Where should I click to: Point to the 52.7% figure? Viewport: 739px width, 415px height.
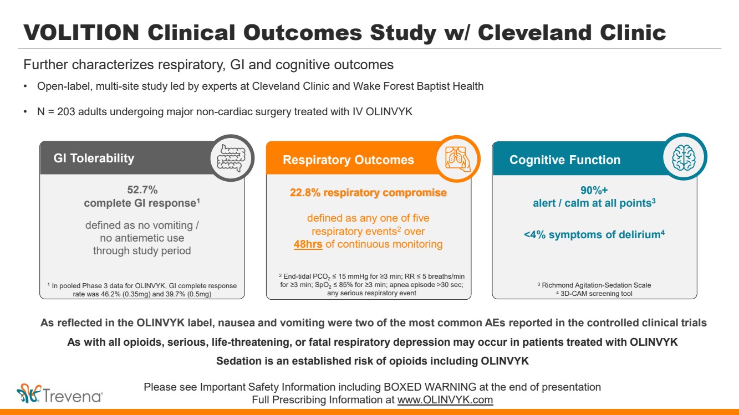pyautogui.click(x=142, y=189)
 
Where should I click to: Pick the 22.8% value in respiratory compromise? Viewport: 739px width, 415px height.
pyautogui.click(x=304, y=193)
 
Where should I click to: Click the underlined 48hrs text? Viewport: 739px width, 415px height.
pyautogui.click(x=308, y=244)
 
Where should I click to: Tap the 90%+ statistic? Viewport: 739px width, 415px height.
pyautogui.click(x=594, y=189)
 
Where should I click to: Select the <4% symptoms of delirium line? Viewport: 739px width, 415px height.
pyautogui.click(x=594, y=235)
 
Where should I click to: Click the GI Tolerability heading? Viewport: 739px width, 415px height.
pyautogui.click(x=94, y=158)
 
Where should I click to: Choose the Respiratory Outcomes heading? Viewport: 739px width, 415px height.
pyautogui.click(x=348, y=160)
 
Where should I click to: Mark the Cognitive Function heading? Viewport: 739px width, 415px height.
pyautogui.click(x=565, y=160)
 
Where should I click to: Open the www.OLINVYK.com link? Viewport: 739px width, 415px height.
pyautogui.click(x=445, y=399)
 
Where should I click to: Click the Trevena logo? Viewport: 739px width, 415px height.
pyautogui.click(x=60, y=394)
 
